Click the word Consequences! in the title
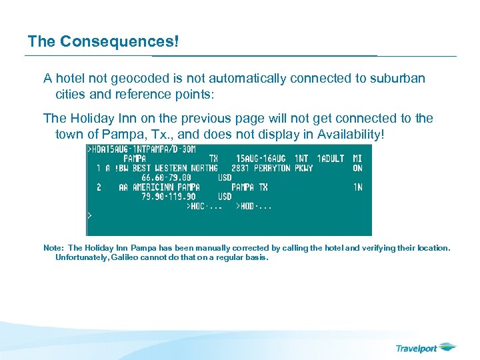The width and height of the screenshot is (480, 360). tap(120, 41)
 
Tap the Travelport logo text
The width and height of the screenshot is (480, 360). tap(417, 348)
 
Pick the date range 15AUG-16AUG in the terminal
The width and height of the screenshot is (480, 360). tap(261, 159)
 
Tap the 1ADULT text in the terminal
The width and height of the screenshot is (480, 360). tap(331, 159)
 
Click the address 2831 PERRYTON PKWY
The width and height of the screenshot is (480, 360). tap(271, 169)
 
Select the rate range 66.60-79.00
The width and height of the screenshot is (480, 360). tap(166, 178)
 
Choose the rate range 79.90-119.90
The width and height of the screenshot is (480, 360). tap(168, 197)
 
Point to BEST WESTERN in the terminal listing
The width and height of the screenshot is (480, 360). tap(161, 169)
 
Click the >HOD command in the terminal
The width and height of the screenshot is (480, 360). tap(245, 207)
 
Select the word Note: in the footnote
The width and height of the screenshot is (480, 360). tap(53, 248)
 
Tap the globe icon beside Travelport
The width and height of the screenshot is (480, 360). tap(447, 347)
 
